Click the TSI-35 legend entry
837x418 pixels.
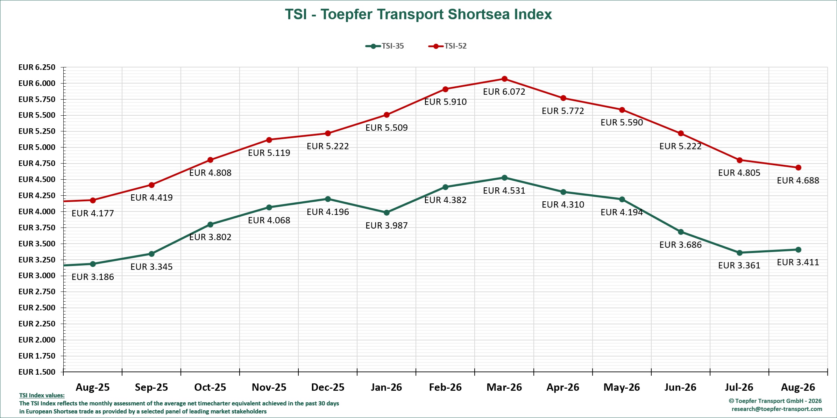pos(385,46)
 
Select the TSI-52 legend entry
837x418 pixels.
pos(447,46)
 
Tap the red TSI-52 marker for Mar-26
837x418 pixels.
pos(504,79)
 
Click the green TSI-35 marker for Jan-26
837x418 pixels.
pos(386,212)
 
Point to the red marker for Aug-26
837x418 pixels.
pos(798,168)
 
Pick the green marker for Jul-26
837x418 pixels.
pos(739,253)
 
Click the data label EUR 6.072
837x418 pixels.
pos(504,92)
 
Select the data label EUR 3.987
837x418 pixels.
pos(386,226)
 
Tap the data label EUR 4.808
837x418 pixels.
pos(210,173)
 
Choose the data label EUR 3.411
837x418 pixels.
pos(798,262)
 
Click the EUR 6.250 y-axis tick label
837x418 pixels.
pos(37,67)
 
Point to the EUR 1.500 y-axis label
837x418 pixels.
pos(37,372)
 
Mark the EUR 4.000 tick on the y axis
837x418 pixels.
pos(37,211)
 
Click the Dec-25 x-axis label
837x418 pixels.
pos(328,387)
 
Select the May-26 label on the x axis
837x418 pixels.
pos(622,387)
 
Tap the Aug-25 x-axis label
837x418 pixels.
pos(93,387)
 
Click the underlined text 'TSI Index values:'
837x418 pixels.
pos(42,395)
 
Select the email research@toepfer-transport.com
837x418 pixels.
pos(777,409)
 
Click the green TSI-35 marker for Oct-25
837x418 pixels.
pos(210,224)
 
